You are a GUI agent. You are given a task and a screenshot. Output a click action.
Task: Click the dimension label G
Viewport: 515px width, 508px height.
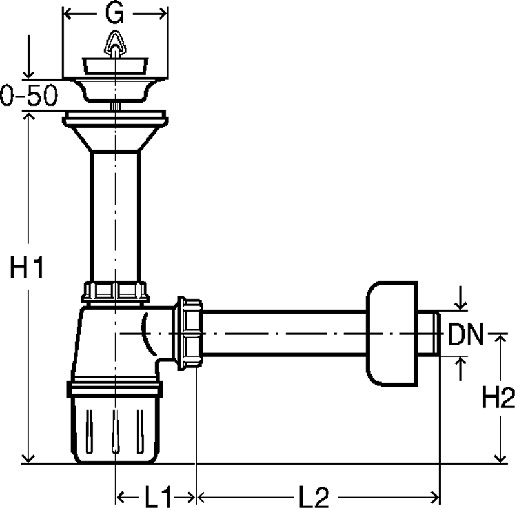(115, 14)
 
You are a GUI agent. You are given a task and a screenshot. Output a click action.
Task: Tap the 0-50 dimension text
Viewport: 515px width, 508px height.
(29, 96)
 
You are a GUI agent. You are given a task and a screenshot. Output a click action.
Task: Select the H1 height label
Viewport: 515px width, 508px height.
(27, 267)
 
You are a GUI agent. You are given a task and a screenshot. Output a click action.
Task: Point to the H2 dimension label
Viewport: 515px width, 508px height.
(498, 397)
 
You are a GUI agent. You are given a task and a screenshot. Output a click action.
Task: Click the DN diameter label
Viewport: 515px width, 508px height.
(466, 334)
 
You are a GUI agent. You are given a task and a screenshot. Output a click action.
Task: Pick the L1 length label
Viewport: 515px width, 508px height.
(158, 496)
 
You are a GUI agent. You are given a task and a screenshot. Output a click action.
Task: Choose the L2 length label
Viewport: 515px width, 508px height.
(314, 497)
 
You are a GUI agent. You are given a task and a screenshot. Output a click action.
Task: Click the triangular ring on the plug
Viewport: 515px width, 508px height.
(115, 41)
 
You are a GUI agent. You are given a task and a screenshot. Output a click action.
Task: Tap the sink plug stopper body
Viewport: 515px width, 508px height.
(115, 66)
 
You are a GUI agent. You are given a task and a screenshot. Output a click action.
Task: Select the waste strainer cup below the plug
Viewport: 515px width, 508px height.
(115, 90)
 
